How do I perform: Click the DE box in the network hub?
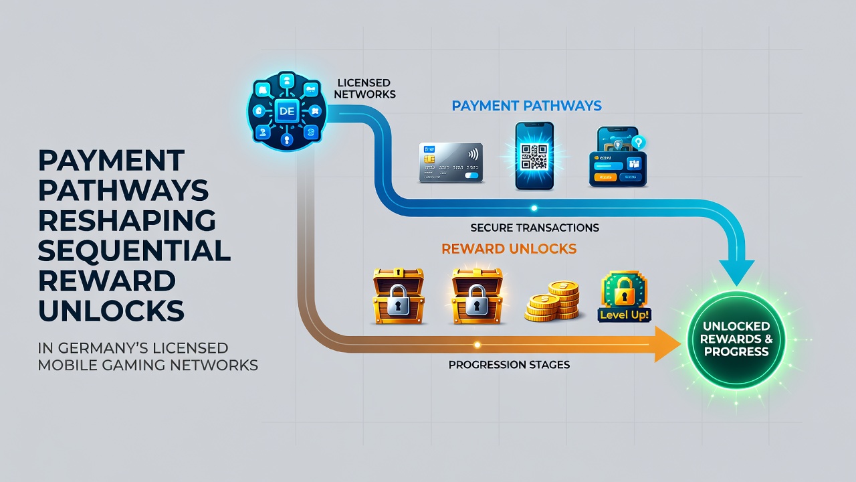point(287,111)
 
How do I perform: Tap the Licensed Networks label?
point(365,88)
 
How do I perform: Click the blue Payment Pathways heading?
point(526,106)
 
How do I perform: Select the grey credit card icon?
point(451,163)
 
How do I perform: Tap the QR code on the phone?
point(534,157)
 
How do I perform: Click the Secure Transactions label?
point(534,228)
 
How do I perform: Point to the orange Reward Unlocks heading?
point(509,248)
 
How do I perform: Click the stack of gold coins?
point(552,301)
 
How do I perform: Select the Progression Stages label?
point(509,365)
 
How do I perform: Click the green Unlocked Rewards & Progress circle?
point(736,339)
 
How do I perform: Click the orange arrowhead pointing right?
point(667,344)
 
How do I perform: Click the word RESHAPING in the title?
point(127,220)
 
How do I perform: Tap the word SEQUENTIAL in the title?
point(134,250)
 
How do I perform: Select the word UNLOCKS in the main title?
point(111,311)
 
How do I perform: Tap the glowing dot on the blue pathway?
point(534,208)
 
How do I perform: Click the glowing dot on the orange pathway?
point(477,344)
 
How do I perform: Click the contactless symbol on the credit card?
point(473,154)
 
